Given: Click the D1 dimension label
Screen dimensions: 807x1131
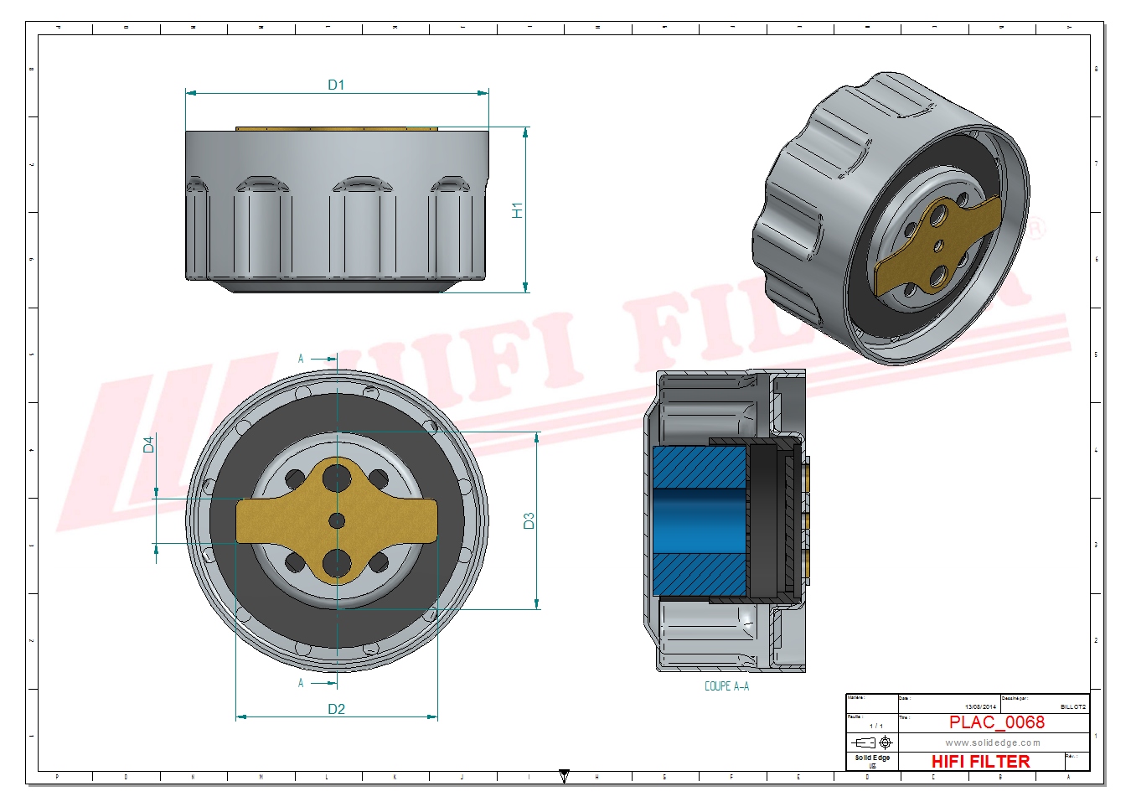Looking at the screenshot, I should [336, 85].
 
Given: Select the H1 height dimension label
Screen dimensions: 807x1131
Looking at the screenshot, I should [517, 210].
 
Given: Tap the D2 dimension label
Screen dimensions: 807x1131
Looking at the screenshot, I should [336, 709].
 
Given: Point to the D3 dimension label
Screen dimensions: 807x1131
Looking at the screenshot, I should [529, 520].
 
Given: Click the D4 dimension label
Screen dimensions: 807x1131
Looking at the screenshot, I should [149, 444].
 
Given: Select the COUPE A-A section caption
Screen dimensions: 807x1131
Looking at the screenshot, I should [726, 686].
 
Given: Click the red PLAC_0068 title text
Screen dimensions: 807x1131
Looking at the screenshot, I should [996, 722].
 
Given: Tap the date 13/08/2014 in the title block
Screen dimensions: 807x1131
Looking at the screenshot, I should [980, 706].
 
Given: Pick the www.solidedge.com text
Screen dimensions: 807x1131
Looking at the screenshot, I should [993, 742].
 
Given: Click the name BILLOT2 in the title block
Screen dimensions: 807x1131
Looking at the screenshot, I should [1072, 706].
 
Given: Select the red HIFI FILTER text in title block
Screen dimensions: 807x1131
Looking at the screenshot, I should [980, 761].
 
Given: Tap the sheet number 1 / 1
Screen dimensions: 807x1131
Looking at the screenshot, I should [875, 726].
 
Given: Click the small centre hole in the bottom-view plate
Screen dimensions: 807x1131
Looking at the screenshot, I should [337, 521].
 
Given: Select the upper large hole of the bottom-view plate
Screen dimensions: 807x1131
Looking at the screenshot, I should [337, 478].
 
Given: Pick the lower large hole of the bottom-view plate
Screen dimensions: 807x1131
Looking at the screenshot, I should [337, 563].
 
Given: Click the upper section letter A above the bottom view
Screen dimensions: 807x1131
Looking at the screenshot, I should [301, 359].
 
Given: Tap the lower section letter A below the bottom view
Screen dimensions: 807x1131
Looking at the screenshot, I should [301, 683].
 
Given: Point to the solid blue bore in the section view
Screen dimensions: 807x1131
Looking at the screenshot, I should [699, 520].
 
